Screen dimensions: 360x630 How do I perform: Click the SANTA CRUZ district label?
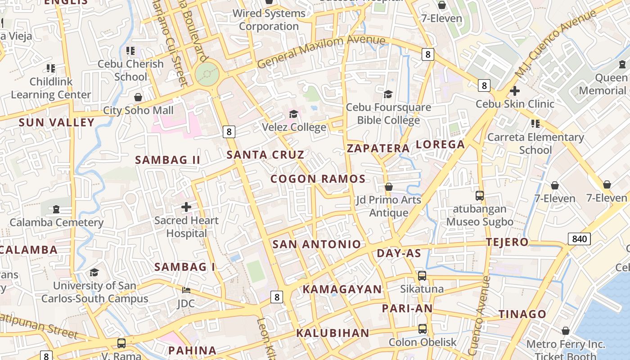coord(265,155)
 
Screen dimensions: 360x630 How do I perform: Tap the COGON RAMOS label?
coord(318,179)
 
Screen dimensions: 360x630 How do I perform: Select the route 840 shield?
coord(579,239)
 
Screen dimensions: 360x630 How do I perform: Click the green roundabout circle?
coord(207,73)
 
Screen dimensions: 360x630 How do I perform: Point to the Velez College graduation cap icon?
coord(294,114)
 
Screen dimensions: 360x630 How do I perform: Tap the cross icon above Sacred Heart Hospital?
coord(186,207)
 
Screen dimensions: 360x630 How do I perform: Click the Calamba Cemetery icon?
coord(56,209)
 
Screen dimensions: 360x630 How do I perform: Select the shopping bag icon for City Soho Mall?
coord(138,97)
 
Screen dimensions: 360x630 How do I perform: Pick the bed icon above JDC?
coord(186,290)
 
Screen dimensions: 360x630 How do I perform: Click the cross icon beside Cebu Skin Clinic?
coord(515,91)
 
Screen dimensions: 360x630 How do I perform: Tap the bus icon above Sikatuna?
coord(422,276)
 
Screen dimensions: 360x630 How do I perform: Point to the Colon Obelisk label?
coord(423,342)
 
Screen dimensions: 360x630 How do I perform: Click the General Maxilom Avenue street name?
coord(321,50)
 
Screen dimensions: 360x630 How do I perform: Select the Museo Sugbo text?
coord(480,222)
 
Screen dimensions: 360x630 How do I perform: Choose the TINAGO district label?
coord(522,314)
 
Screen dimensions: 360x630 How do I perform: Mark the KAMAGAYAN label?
coord(342,289)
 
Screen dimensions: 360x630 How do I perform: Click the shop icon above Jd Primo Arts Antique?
coord(389,187)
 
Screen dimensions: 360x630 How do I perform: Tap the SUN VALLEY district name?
coord(57,122)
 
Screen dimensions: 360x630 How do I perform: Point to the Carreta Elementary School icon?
coord(535,123)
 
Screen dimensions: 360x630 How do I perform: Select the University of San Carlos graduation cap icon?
coord(94,272)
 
